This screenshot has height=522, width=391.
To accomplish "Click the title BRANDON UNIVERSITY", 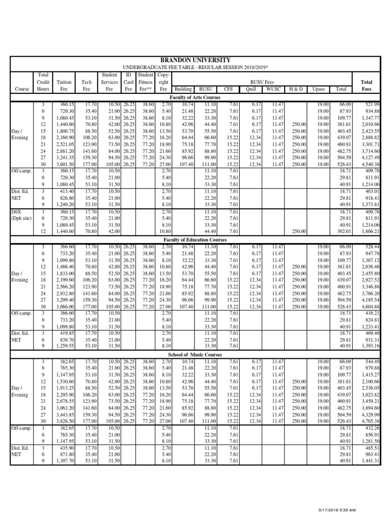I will [195, 60].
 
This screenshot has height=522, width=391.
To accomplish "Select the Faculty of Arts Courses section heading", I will [195, 97].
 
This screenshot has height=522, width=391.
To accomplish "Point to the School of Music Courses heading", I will [195, 354].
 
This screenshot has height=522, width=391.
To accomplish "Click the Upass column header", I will [319, 89].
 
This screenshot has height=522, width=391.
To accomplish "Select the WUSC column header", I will [273, 89].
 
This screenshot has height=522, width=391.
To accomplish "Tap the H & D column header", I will [296, 89].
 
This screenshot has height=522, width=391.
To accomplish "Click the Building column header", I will [183, 89].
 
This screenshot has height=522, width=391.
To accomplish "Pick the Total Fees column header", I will [366, 85].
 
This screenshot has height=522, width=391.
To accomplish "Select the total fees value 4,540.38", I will [370, 165].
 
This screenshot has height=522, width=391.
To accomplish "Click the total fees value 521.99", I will [372, 104].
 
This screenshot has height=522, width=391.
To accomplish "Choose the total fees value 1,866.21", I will [370, 231].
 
